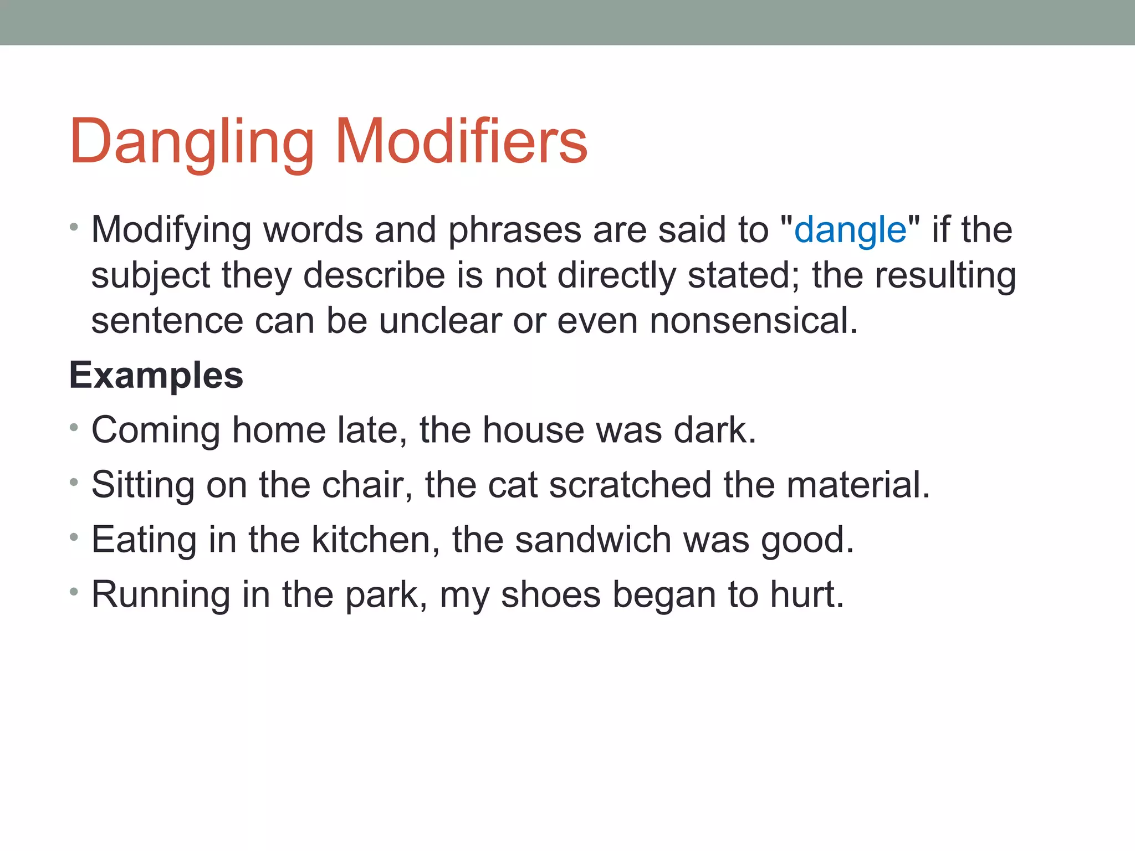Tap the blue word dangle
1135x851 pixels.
850,230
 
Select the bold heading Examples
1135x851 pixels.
156,376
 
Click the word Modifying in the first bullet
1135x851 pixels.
171,230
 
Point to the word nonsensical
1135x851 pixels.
753,321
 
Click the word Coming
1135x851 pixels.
156,430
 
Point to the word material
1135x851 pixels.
857,485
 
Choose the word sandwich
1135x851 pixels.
593,540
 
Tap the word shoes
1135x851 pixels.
550,595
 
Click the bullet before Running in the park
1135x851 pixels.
74,593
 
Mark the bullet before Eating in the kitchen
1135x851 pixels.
74,537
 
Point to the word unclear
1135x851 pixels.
440,321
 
